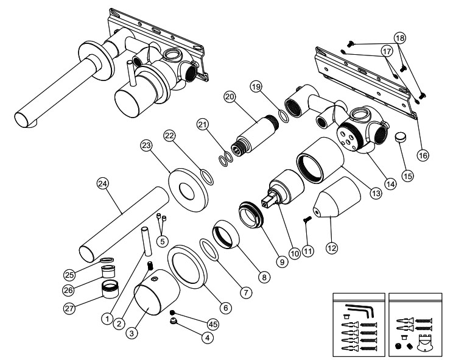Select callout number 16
point(423,155)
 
